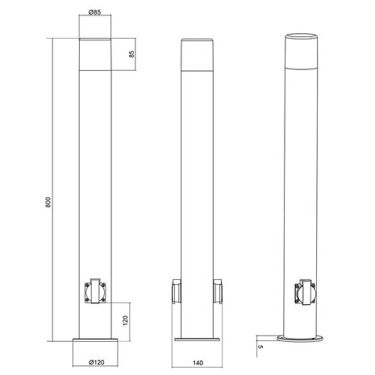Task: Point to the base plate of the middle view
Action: point(198,341)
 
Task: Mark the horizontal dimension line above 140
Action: point(198,353)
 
